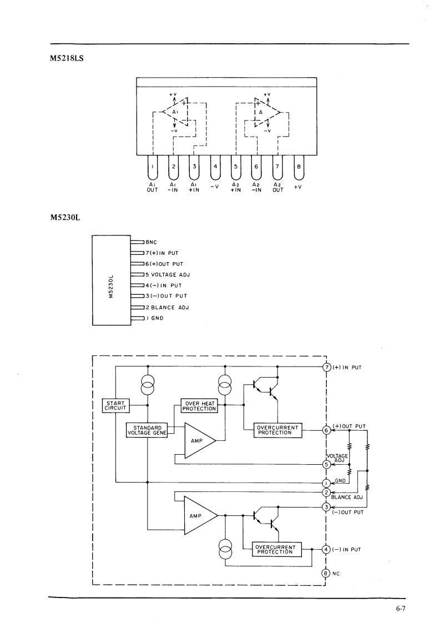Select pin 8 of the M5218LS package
click(300, 166)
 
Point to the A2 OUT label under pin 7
click(277, 187)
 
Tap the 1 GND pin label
click(154, 318)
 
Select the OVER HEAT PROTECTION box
click(200, 406)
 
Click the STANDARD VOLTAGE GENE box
click(147, 430)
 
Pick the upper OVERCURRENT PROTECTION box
click(278, 430)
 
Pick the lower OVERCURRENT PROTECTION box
click(277, 550)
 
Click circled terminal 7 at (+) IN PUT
click(327, 366)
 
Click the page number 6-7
click(401, 609)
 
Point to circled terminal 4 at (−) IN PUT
click(326, 550)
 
